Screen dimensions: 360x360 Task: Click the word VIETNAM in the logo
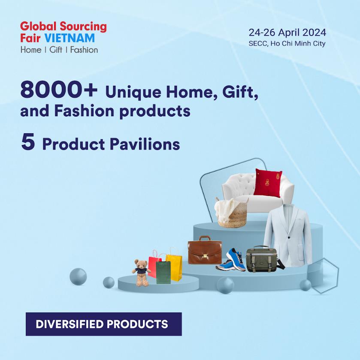click(x=70, y=38)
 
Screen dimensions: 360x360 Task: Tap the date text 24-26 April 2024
click(x=287, y=33)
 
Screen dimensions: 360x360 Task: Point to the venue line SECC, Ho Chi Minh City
click(x=287, y=43)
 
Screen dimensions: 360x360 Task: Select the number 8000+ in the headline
click(x=59, y=90)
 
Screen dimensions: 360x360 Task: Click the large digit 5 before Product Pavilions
click(x=28, y=142)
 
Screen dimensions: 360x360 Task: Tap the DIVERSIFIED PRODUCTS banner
click(x=104, y=324)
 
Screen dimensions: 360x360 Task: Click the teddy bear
click(x=141, y=273)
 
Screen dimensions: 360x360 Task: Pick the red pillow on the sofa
click(x=268, y=183)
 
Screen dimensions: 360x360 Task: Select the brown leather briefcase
click(x=205, y=251)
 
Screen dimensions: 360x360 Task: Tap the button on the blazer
click(x=288, y=237)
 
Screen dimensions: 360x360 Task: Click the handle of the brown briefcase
click(x=205, y=238)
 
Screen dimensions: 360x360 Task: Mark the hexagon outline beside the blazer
click(x=323, y=276)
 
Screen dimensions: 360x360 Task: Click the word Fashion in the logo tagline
click(x=84, y=50)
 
